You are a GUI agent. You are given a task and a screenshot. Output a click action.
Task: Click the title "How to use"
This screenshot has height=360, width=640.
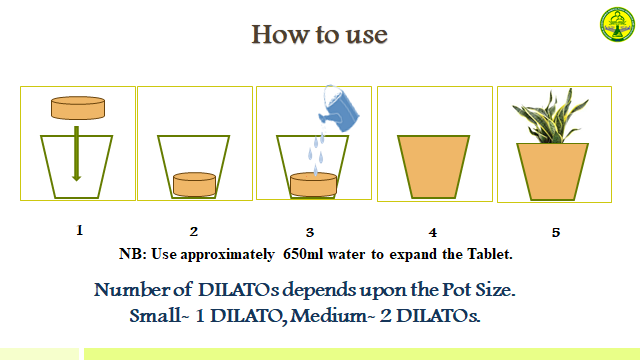[319, 34]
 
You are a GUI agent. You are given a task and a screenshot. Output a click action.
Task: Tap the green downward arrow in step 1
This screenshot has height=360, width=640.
[76, 150]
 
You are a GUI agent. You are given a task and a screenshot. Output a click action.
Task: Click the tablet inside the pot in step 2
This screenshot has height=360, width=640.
[194, 184]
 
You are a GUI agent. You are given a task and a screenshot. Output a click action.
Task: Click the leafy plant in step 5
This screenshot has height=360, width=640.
[553, 121]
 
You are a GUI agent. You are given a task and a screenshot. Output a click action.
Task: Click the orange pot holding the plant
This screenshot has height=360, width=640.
[553, 170]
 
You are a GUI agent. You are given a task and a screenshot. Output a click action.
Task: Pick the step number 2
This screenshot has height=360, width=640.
[194, 232]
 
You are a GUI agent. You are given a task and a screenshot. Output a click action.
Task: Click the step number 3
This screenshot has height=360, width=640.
[310, 232]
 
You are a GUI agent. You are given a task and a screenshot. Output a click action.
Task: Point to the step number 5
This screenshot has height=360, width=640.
[556, 232]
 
